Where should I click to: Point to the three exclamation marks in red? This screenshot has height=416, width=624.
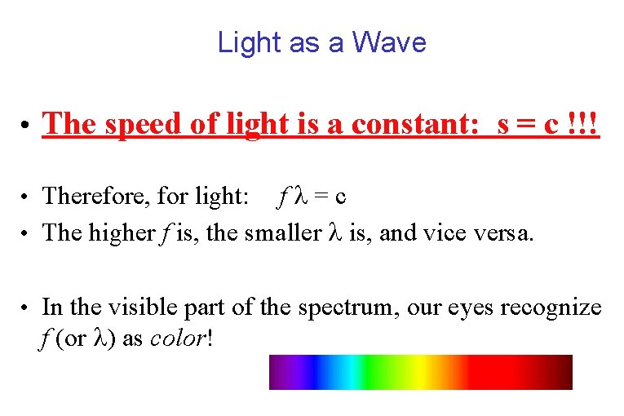pyautogui.click(x=585, y=125)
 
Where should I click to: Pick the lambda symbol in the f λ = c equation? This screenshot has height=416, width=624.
pyautogui.click(x=298, y=196)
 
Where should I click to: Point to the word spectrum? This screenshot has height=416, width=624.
pyautogui.click(x=340, y=308)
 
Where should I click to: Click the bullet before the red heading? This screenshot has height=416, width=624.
pyautogui.click(x=28, y=126)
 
